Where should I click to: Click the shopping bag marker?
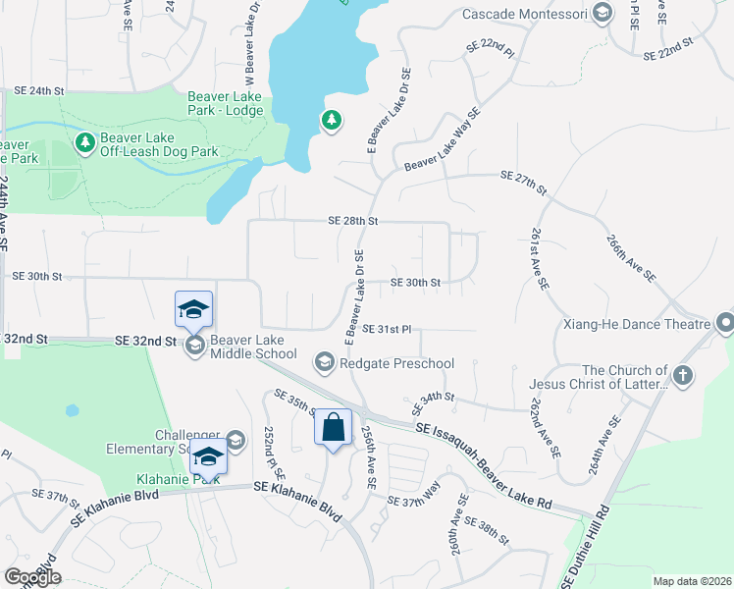coord(334,428)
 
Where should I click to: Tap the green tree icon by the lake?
coord(332,121)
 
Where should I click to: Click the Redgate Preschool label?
coord(396,364)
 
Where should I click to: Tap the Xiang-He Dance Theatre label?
coord(636,324)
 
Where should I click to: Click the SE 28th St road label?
coord(353,222)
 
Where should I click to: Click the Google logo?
coord(32,577)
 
